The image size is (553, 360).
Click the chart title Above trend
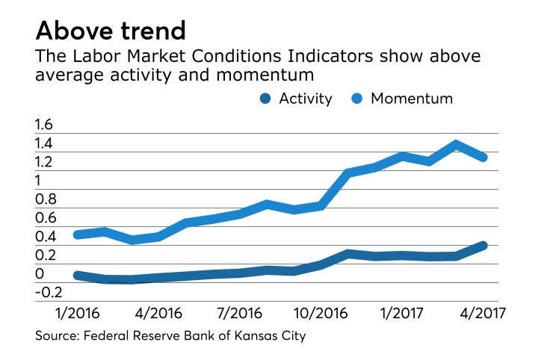pyautogui.click(x=111, y=31)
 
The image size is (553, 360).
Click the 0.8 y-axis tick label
pyautogui.click(x=46, y=199)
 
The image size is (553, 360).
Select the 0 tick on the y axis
pyautogui.click(x=40, y=274)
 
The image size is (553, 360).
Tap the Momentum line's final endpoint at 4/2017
pyautogui.click(x=484, y=157)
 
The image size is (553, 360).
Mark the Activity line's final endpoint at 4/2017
pyautogui.click(x=484, y=245)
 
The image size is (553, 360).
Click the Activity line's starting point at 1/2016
pyautogui.click(x=76, y=275)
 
